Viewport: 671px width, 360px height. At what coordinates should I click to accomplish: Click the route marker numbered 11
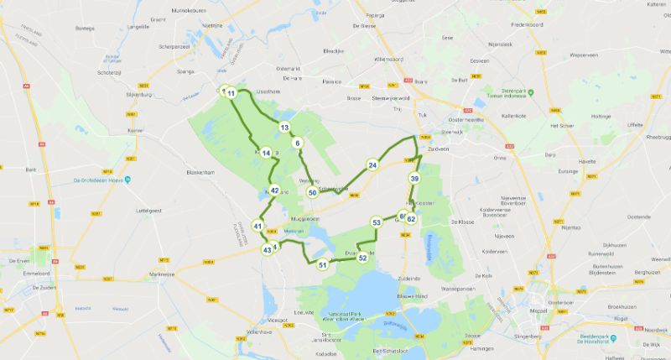tap(231, 92)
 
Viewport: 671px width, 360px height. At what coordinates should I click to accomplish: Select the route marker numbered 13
tap(285, 128)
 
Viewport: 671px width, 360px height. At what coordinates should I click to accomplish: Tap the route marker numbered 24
tap(372, 164)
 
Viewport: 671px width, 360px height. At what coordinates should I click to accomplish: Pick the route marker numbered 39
tap(414, 179)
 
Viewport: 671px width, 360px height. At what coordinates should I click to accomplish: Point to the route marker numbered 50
tap(312, 193)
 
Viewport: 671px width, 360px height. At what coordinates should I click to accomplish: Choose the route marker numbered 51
tap(322, 265)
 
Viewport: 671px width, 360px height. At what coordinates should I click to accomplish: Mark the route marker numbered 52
tap(362, 258)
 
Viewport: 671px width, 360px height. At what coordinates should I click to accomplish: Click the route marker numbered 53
tap(377, 222)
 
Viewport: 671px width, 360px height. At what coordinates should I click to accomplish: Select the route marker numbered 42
tap(274, 190)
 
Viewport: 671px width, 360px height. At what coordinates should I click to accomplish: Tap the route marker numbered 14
tap(266, 153)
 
